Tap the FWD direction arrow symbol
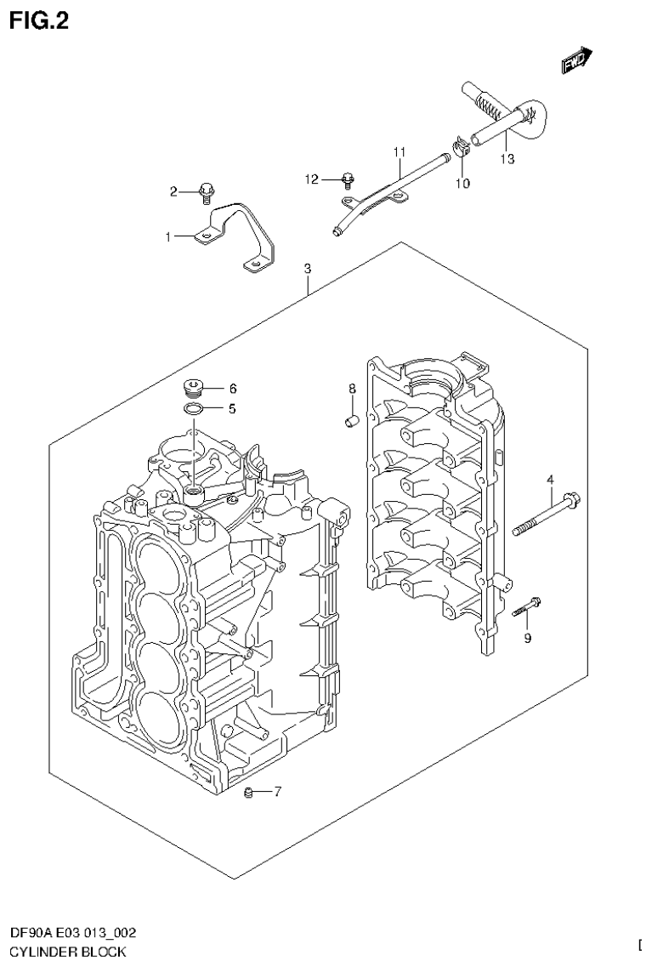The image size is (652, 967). click(576, 60)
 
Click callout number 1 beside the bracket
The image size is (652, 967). click(168, 237)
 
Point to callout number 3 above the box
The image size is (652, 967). click(308, 268)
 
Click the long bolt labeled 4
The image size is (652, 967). click(544, 516)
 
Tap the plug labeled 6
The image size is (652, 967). click(193, 390)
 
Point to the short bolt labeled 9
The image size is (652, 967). click(527, 606)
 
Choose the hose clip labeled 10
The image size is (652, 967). click(462, 150)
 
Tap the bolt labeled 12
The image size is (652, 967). click(347, 179)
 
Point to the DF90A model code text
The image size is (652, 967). click(29, 935)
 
